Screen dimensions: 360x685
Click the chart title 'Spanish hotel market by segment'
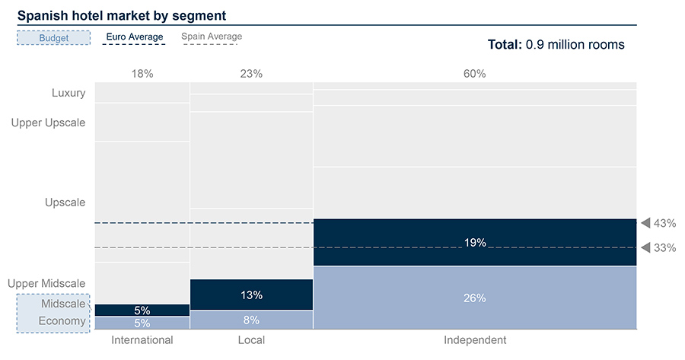(x=122, y=15)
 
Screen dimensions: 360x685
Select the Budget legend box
(x=54, y=37)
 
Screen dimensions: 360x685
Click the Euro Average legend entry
(x=133, y=37)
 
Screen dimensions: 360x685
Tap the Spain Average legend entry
(x=212, y=37)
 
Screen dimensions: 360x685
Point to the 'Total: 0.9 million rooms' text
(x=556, y=45)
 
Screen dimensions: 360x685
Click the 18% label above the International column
(x=142, y=74)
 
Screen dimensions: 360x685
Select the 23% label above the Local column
(x=251, y=74)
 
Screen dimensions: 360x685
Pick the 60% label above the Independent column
(x=474, y=74)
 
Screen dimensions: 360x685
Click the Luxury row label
(x=68, y=94)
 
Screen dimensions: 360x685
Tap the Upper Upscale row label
(x=49, y=123)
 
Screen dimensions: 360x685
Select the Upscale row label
(x=65, y=202)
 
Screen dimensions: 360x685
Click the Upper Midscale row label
(x=46, y=284)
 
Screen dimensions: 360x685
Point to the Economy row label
(x=63, y=321)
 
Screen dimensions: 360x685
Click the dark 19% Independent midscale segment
(x=474, y=243)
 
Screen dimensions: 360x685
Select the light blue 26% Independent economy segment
(x=474, y=298)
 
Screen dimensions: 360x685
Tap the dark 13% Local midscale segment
(x=251, y=295)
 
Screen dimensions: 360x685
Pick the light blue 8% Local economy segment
(x=251, y=320)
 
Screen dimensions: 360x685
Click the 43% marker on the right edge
(x=658, y=223)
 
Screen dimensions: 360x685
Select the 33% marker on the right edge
(x=658, y=248)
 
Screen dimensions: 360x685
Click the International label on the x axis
(x=142, y=340)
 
